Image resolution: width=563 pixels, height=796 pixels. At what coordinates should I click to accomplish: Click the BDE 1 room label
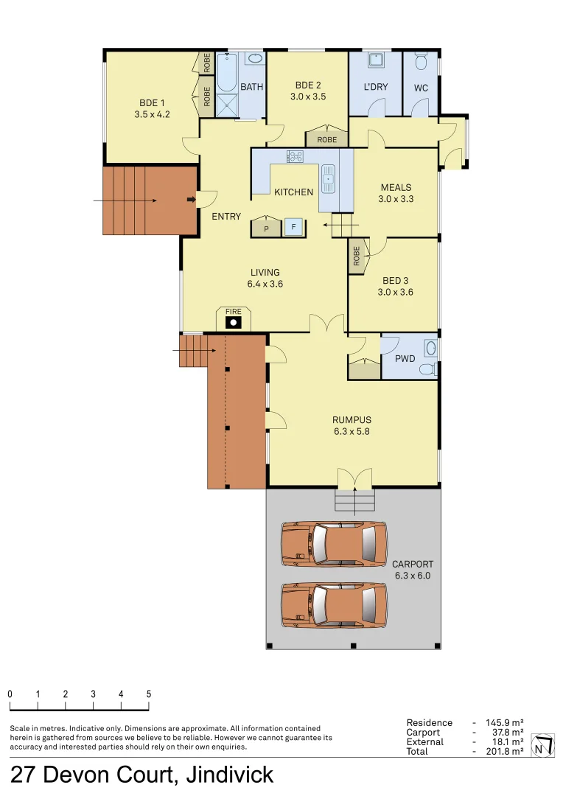(153, 103)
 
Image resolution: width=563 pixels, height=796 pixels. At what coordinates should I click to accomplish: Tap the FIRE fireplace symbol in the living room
(233, 321)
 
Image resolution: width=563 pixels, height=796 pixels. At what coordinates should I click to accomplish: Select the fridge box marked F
(294, 228)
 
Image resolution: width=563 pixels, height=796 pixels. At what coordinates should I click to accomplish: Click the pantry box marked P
(266, 228)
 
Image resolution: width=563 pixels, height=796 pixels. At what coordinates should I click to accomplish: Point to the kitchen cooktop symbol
(296, 156)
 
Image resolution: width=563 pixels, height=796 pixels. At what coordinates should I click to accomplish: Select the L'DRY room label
(376, 87)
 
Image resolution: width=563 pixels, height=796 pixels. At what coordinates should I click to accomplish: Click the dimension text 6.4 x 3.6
(265, 284)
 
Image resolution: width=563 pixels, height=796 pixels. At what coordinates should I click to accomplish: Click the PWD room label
(405, 359)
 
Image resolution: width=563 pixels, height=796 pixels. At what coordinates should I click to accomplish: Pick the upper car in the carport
(334, 544)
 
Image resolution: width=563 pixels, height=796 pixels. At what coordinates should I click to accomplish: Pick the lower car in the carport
(334, 605)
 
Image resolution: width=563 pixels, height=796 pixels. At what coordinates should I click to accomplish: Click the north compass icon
(543, 746)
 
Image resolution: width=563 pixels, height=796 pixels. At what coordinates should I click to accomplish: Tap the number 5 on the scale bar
(149, 694)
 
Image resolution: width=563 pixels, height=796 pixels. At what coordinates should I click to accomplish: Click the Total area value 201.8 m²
(505, 751)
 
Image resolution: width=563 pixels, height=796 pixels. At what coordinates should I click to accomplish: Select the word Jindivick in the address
(229, 775)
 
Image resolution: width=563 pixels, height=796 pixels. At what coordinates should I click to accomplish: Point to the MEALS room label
(396, 187)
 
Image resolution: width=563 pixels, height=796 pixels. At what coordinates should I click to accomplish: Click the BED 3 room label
(396, 281)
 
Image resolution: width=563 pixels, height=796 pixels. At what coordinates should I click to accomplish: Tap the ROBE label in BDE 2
(327, 139)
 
